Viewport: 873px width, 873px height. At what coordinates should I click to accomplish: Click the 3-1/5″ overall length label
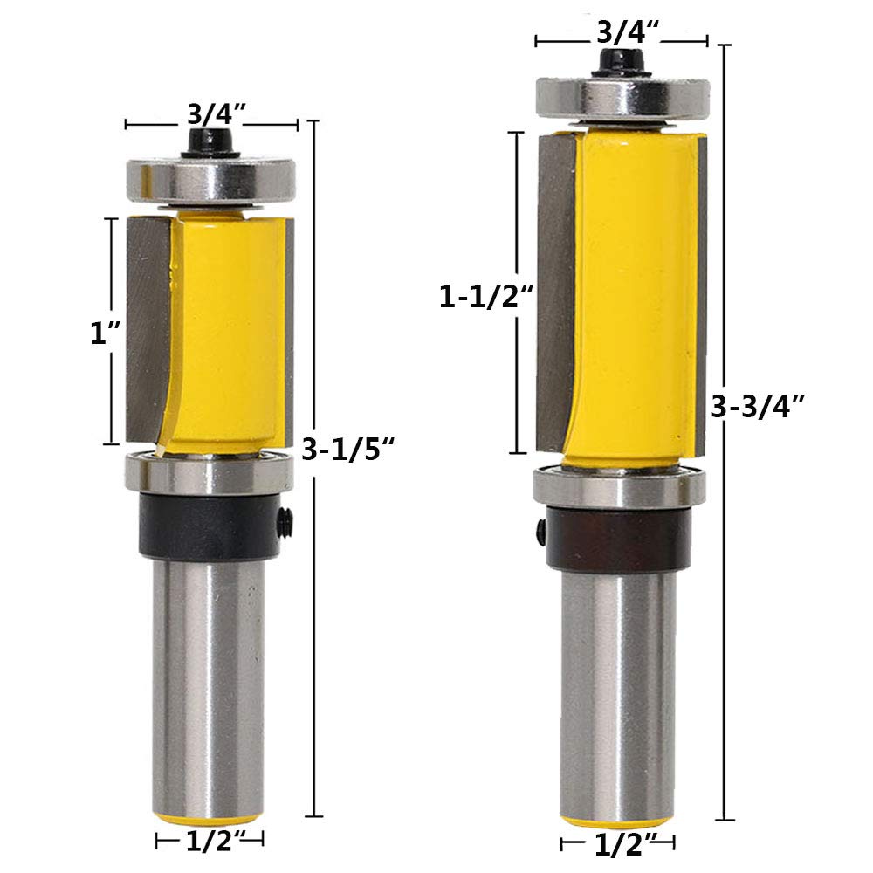coord(348,448)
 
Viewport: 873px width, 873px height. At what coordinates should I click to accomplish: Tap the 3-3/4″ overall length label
coord(758,407)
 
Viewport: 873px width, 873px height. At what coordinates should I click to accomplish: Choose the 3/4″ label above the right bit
coord(628,32)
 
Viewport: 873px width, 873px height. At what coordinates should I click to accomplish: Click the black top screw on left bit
coord(210,144)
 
